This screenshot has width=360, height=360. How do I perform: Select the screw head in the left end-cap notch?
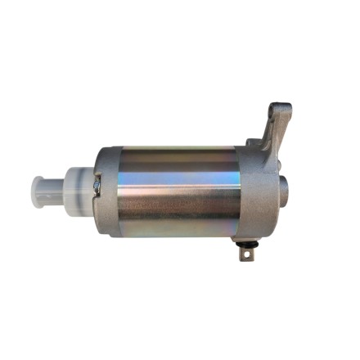[x=97, y=187]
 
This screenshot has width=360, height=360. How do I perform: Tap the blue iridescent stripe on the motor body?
[x=176, y=174]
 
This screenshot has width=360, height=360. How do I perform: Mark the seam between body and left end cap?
[x=114, y=192]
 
